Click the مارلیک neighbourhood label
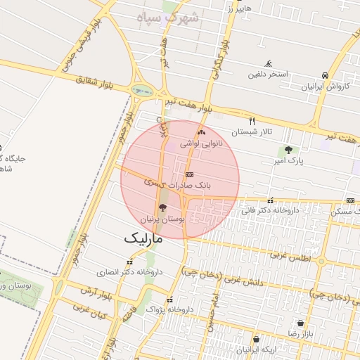(x=143, y=238)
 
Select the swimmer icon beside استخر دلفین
(x=267, y=63)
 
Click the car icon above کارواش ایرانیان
(x=325, y=75)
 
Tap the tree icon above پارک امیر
(x=288, y=150)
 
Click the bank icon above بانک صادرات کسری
(x=188, y=174)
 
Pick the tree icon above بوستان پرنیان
(x=163, y=207)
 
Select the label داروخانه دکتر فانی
(x=270, y=210)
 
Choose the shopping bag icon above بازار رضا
(x=301, y=323)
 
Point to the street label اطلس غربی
(x=289, y=257)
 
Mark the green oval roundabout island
(x=143, y=90)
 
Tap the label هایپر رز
(x=238, y=9)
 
